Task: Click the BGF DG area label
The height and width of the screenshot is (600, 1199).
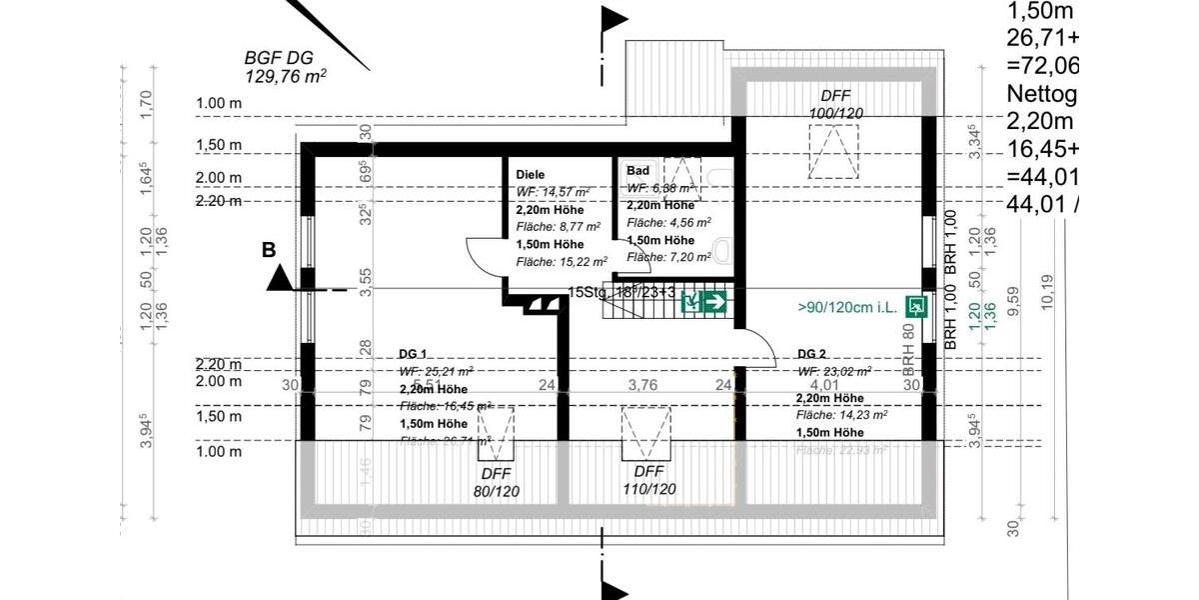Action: [287, 66]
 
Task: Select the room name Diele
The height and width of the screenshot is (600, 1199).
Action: [531, 174]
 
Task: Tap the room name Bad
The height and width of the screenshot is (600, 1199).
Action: [638, 171]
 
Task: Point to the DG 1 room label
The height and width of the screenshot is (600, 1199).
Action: [413, 354]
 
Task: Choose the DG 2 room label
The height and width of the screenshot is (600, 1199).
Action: [812, 354]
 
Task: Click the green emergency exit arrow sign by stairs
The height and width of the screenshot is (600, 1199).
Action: [703, 300]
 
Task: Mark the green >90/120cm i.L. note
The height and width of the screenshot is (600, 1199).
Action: [846, 307]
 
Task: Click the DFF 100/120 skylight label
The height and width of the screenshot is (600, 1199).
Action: [835, 104]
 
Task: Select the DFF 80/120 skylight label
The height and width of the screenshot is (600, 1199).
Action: [501, 481]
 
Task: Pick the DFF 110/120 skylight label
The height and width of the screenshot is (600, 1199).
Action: [648, 480]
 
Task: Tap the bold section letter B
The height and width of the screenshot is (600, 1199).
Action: [269, 251]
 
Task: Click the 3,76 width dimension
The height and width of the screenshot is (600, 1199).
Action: [641, 384]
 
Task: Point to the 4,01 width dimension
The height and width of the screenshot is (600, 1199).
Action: [823, 384]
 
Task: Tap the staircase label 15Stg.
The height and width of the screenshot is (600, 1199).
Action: [587, 292]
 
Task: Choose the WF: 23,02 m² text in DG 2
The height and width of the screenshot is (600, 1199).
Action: [833, 371]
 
